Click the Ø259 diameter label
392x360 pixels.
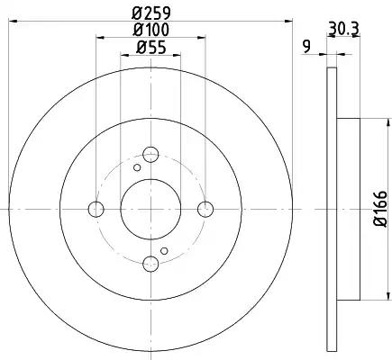point(151,13)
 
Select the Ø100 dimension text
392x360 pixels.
point(151,30)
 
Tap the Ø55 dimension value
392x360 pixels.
point(151,48)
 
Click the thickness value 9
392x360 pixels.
point(306,47)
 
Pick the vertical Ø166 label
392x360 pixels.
point(380,209)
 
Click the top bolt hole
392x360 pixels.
point(150,155)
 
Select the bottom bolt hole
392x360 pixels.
point(150,264)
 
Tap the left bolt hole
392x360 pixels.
point(96,209)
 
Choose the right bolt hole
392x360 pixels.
point(205,209)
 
